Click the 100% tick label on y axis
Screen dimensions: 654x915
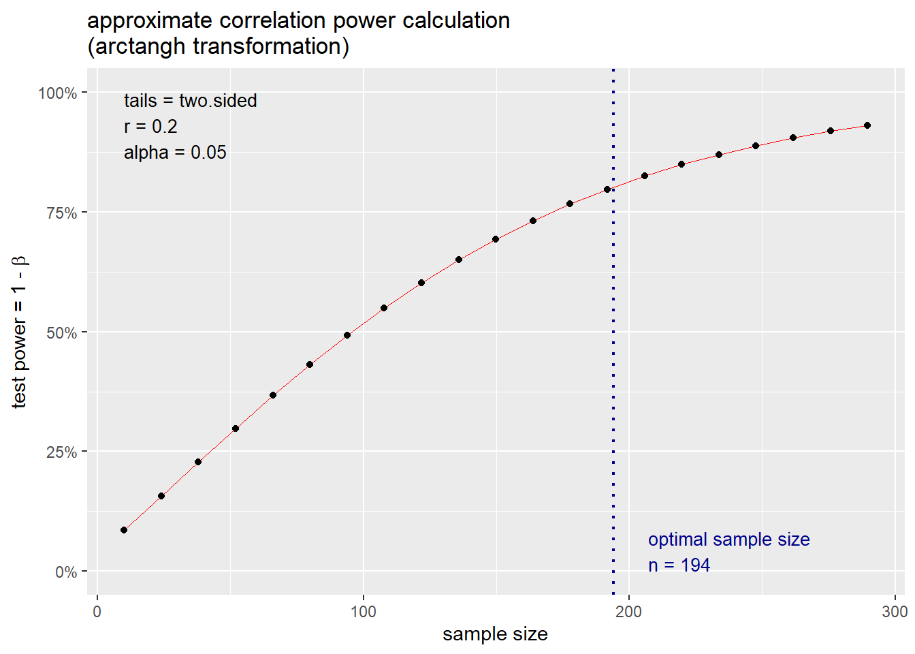click(x=57, y=93)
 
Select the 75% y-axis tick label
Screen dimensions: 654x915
click(x=61, y=213)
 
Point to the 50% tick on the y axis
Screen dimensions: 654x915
click(x=61, y=333)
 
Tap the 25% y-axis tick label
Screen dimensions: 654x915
click(x=61, y=452)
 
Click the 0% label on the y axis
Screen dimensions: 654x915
click(x=65, y=572)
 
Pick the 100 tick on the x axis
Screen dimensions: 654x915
click(x=363, y=611)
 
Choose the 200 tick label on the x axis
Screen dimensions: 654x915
click(x=628, y=611)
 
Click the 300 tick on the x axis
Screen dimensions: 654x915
click(x=894, y=611)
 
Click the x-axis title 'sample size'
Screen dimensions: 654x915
click(x=495, y=634)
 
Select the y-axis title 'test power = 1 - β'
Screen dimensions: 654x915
click(x=19, y=332)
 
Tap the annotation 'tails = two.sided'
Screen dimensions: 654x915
click(x=190, y=101)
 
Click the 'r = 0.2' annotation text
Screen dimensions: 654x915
click(x=150, y=127)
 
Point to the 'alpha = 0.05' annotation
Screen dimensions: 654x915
click(x=175, y=153)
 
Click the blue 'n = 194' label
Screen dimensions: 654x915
click(x=679, y=565)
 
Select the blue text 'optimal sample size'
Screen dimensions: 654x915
click(x=728, y=540)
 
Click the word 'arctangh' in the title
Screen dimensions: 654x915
click(x=140, y=46)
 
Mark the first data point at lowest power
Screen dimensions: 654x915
click(x=124, y=530)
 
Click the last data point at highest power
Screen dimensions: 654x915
click(x=867, y=125)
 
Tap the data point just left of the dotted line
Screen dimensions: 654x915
click(x=607, y=189)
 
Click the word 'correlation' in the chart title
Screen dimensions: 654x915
click(x=273, y=20)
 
